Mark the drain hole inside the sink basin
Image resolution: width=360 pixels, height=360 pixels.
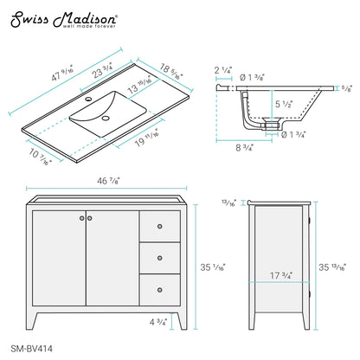coord(107,116)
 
